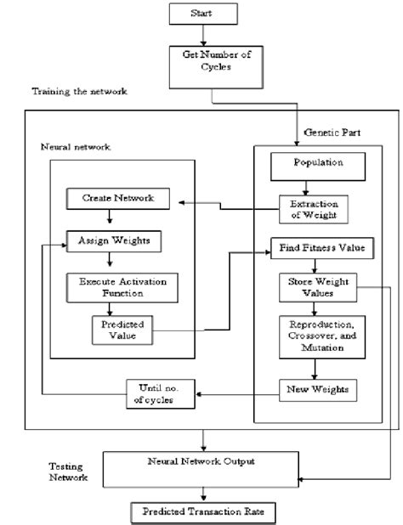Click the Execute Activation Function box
pos(122,287)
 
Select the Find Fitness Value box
pos(316,249)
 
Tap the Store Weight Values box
pos(315,289)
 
